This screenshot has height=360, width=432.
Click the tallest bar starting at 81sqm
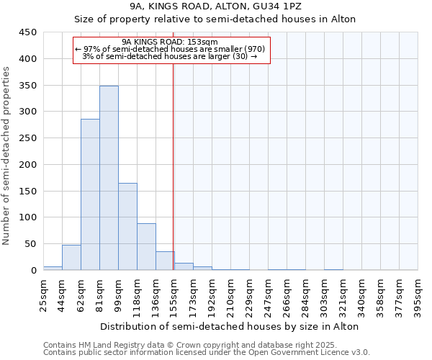[109, 178]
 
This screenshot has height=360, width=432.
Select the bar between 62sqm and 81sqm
[90, 194]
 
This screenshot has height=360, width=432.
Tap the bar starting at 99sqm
[127, 226]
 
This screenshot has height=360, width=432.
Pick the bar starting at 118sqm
[146, 246]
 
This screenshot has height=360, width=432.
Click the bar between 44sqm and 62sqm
[71, 257]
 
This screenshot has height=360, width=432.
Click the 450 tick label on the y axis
[28, 32]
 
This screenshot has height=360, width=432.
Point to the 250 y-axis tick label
[28, 138]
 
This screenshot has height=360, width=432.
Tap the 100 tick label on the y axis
[28, 217]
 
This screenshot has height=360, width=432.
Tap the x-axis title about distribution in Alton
[230, 326]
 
